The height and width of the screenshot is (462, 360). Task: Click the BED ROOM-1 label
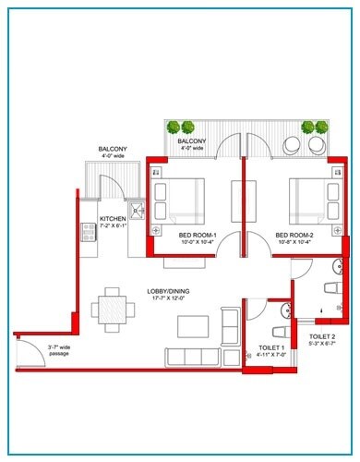coord(198,235)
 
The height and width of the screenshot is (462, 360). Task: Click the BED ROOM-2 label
coord(295,235)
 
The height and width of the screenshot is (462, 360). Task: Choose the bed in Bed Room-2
coord(312,195)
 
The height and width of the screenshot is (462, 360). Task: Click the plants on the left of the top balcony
coord(182,128)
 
